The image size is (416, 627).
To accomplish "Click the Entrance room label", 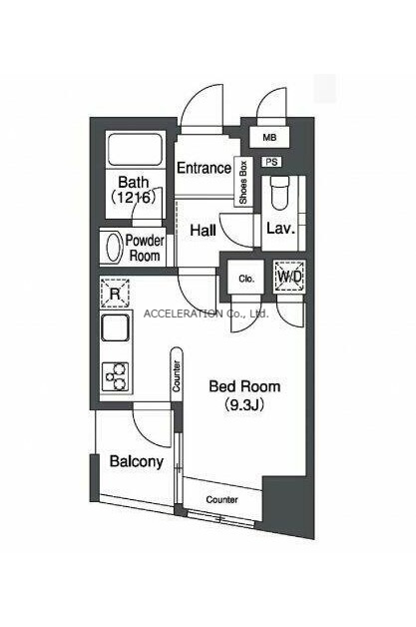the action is coord(204,168).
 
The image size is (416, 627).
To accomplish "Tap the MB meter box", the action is coord(269,138).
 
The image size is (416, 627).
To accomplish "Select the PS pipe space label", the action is coord(271,162).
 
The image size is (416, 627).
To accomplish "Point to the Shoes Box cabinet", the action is coord(243,182).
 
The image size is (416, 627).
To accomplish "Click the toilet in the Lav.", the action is coord(281,193).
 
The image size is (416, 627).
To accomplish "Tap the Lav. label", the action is coord(280,229).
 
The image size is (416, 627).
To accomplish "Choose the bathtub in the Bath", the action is coord(135,150).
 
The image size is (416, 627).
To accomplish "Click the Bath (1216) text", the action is coord(134,190).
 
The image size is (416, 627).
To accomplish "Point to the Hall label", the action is coord(203,231).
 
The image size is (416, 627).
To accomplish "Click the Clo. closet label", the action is coord(246,279).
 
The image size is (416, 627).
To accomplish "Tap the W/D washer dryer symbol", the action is coord(290,276).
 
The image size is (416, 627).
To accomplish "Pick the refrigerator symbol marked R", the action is coord(115,294).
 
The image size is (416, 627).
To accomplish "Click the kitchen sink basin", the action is coord(116,327).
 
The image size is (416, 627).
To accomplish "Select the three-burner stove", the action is coord(116,376).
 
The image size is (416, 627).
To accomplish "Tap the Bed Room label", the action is coord(244,386).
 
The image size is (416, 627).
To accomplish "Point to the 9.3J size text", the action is coord(244,405).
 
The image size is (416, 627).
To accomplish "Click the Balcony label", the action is coord(137,462).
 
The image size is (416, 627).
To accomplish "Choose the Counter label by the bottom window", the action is coord(222,500).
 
